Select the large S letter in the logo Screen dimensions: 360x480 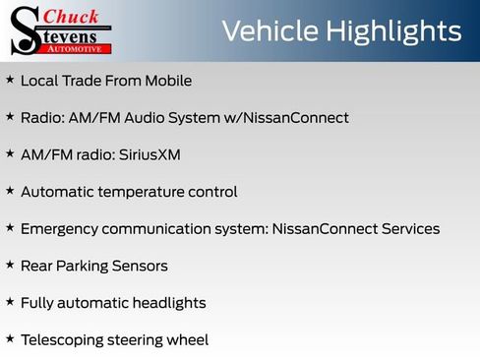(x=24, y=30)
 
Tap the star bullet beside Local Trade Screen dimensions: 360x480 (x=10, y=80)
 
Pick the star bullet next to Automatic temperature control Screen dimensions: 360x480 (x=10, y=191)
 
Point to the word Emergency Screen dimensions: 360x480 (x=58, y=229)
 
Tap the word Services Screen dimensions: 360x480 (x=406, y=229)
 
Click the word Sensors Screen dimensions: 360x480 (x=138, y=266)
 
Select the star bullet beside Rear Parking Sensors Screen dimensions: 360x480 (x=10, y=265)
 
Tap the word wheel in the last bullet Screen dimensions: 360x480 (x=187, y=340)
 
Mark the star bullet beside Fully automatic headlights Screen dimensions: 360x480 (x=10, y=302)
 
